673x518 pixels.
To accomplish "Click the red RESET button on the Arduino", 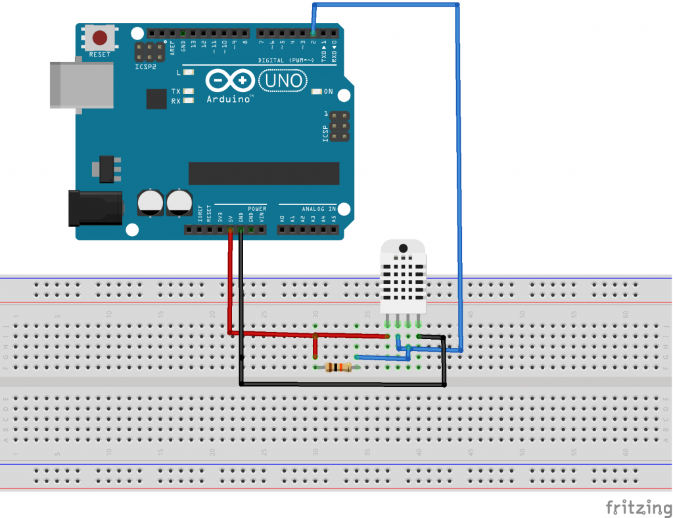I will (x=100, y=37).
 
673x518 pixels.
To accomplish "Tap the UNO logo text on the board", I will (x=284, y=81).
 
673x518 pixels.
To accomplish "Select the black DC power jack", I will (x=95, y=207).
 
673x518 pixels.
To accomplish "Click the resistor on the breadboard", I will (x=337, y=367).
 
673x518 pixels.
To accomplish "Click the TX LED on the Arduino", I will (x=189, y=91).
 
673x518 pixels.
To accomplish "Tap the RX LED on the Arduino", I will (x=189, y=101).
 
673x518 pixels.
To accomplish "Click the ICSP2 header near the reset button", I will (x=150, y=51).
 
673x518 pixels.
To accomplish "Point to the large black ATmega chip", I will (x=264, y=174).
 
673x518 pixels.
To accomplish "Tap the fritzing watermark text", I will (x=634, y=507).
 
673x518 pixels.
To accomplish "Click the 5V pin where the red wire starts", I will (x=230, y=230).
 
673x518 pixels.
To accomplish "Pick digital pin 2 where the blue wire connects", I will (x=313, y=33).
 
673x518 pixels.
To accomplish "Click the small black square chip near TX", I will (x=156, y=99).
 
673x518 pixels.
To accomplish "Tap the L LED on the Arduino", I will (x=189, y=72).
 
